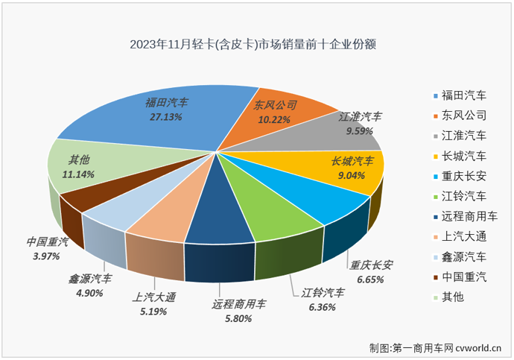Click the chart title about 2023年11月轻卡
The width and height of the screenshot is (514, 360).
pyautogui.click(x=253, y=44)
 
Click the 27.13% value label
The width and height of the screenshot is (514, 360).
pyautogui.click(x=167, y=116)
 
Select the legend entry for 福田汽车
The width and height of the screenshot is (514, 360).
pyautogui.click(x=462, y=95)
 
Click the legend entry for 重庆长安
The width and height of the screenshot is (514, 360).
pyautogui.click(x=462, y=176)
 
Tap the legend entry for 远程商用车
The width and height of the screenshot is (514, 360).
pyautogui.click(x=466, y=216)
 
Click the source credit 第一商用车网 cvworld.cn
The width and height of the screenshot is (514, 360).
pyautogui.click(x=437, y=347)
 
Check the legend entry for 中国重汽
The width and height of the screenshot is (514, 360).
pyautogui.click(x=462, y=277)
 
